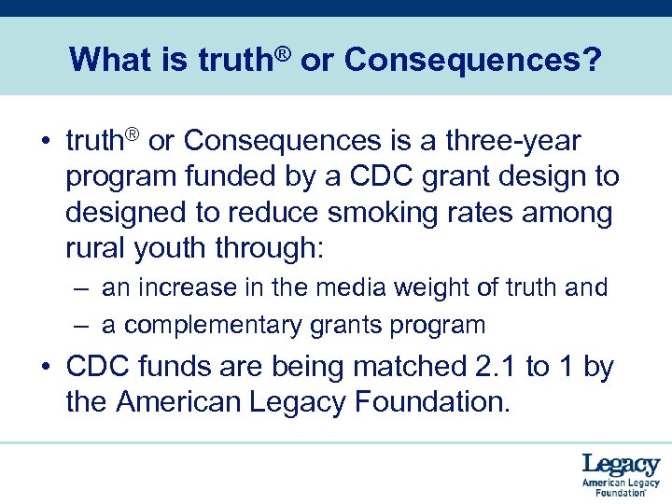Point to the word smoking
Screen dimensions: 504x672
point(434,213)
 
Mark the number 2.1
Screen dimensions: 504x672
point(491,368)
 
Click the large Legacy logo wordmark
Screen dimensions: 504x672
point(621,464)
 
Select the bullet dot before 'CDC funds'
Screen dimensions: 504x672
point(45,369)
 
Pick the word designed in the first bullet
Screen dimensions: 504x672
point(126,213)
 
